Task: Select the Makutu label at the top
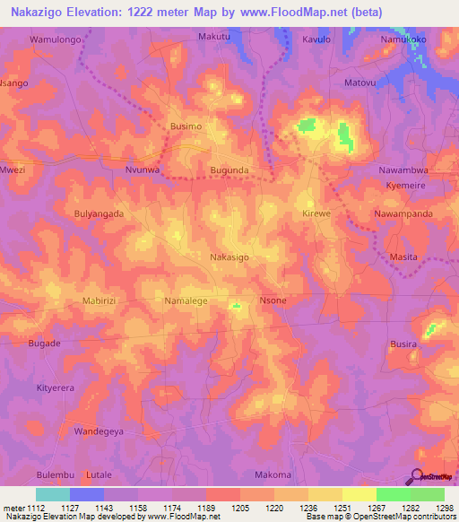point(214,37)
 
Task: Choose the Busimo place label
point(186,127)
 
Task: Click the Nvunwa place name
point(143,169)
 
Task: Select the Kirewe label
point(317,214)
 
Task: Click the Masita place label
point(403,257)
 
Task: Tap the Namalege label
point(186,301)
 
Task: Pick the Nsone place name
point(273,301)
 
